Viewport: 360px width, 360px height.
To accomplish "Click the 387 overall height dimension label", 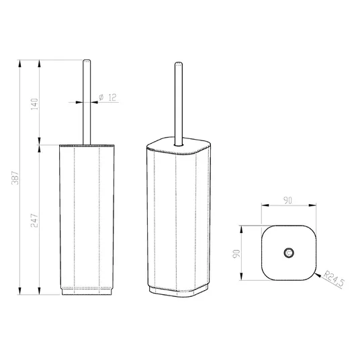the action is [15, 178].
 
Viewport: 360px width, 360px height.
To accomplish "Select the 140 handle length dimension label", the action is [34, 104].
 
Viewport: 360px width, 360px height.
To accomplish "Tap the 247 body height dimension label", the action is [34, 220].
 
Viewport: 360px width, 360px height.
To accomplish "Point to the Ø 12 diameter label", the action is [107, 97].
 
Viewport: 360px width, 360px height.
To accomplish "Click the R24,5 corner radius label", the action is [334, 279].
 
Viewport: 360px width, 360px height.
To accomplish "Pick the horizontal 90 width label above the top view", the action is [287, 200].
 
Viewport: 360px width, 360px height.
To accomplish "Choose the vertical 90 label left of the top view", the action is [236, 253].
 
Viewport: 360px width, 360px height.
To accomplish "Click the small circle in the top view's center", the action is [289, 253].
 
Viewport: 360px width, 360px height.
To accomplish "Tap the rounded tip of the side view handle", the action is [87, 61].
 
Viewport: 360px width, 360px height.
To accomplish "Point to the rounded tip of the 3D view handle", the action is [179, 64].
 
